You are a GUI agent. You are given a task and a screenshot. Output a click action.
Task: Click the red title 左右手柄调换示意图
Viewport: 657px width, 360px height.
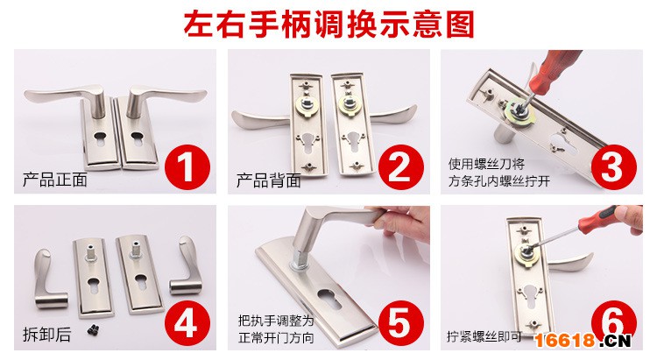(x=328, y=25)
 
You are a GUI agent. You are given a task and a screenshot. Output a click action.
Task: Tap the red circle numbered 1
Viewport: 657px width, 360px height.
(x=187, y=167)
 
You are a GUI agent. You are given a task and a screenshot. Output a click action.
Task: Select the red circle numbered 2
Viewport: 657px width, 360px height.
(x=401, y=167)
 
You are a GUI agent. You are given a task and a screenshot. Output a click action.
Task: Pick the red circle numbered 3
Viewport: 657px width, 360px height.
(x=614, y=167)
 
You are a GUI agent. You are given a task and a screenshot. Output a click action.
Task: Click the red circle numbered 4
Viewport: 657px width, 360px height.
(x=187, y=323)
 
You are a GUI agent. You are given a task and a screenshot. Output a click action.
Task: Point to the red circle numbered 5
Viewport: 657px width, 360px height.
(x=401, y=323)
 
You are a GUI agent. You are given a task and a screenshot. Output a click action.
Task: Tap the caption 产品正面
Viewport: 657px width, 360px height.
(x=55, y=180)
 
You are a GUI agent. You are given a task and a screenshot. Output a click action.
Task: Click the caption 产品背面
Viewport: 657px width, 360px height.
(x=269, y=180)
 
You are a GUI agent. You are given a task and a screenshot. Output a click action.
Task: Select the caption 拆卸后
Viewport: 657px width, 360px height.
(x=47, y=335)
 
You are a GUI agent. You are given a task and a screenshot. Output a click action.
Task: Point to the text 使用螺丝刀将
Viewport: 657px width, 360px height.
(x=486, y=164)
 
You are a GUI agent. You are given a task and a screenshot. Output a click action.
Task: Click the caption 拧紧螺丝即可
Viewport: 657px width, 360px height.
(x=484, y=336)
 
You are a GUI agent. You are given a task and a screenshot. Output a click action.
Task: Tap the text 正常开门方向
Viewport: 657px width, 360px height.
(x=276, y=338)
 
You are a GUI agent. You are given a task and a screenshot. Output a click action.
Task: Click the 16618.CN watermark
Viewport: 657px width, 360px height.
(x=583, y=341)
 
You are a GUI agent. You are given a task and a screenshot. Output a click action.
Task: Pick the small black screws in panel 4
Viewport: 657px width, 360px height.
(x=94, y=330)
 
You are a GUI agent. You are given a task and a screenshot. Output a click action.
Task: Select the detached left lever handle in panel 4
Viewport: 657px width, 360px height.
(x=50, y=279)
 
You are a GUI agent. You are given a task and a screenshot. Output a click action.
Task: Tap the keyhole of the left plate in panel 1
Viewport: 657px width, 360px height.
(x=101, y=138)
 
